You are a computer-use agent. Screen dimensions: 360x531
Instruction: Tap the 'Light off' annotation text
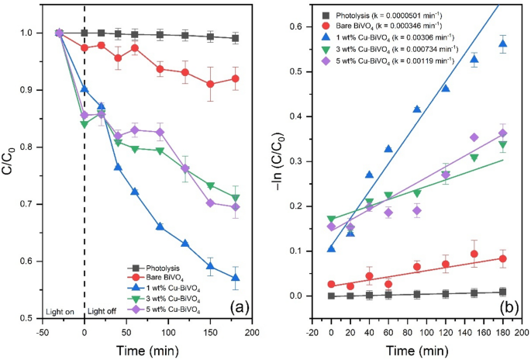pos(103,311)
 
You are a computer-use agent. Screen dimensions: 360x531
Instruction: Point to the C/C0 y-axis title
pos(10,165)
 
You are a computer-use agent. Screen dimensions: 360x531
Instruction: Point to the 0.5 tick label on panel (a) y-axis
pos(28,318)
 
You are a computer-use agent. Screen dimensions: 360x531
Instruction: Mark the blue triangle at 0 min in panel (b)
pos(332,249)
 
